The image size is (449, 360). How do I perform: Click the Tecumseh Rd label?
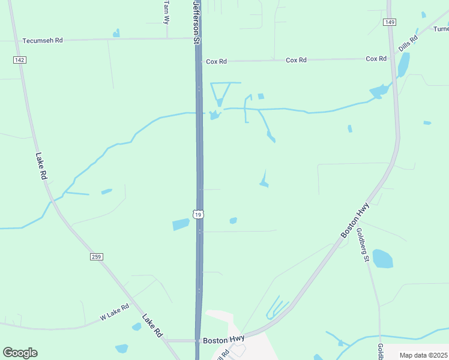click(42, 41)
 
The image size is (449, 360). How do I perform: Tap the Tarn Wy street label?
click(167, 12)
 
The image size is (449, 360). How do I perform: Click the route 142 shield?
click(20, 60)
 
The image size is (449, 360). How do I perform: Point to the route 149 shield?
click(390, 22)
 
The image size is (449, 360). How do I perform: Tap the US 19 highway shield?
click(199, 214)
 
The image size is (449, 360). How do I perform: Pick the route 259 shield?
click(97, 257)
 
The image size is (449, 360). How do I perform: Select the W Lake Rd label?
click(115, 311)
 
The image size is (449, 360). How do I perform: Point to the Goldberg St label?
click(363, 245)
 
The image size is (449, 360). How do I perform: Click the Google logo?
click(20, 353)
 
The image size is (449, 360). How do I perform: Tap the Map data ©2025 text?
click(423, 355)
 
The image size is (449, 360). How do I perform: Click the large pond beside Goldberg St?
click(382, 259)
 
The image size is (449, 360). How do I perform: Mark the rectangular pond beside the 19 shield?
click(181, 224)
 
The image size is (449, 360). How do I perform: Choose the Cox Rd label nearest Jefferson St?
click(216, 61)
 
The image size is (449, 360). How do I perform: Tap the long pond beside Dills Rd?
click(403, 64)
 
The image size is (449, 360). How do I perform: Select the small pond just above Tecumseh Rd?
click(116, 34)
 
